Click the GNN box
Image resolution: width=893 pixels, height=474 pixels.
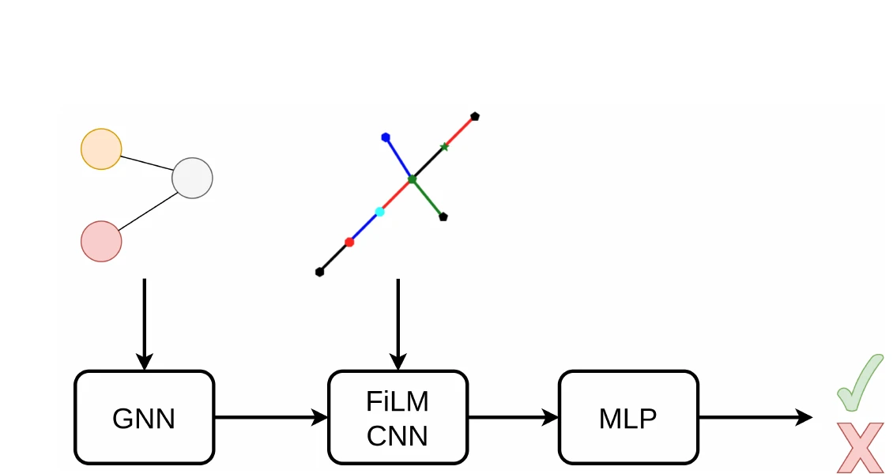(144, 417)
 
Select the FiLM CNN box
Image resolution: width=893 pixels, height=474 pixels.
(398, 417)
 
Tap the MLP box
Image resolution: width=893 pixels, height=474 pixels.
(628, 417)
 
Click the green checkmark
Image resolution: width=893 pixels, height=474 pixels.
(860, 383)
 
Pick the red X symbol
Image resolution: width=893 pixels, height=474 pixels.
(860, 447)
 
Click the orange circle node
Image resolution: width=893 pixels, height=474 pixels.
(101, 149)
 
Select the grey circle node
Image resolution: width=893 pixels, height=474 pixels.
(192, 178)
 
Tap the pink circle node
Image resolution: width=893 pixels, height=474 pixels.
(101, 241)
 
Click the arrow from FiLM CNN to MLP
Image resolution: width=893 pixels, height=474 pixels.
(512, 417)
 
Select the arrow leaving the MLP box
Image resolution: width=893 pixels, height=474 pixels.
(755, 417)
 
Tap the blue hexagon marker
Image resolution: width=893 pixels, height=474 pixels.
(386, 137)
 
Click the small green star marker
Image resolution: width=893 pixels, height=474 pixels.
(444, 147)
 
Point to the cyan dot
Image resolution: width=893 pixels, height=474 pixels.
(379, 212)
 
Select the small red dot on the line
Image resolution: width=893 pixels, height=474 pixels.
(349, 242)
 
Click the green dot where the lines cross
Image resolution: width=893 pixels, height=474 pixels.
(412, 179)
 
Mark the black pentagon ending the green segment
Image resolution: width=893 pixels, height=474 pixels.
(443, 216)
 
